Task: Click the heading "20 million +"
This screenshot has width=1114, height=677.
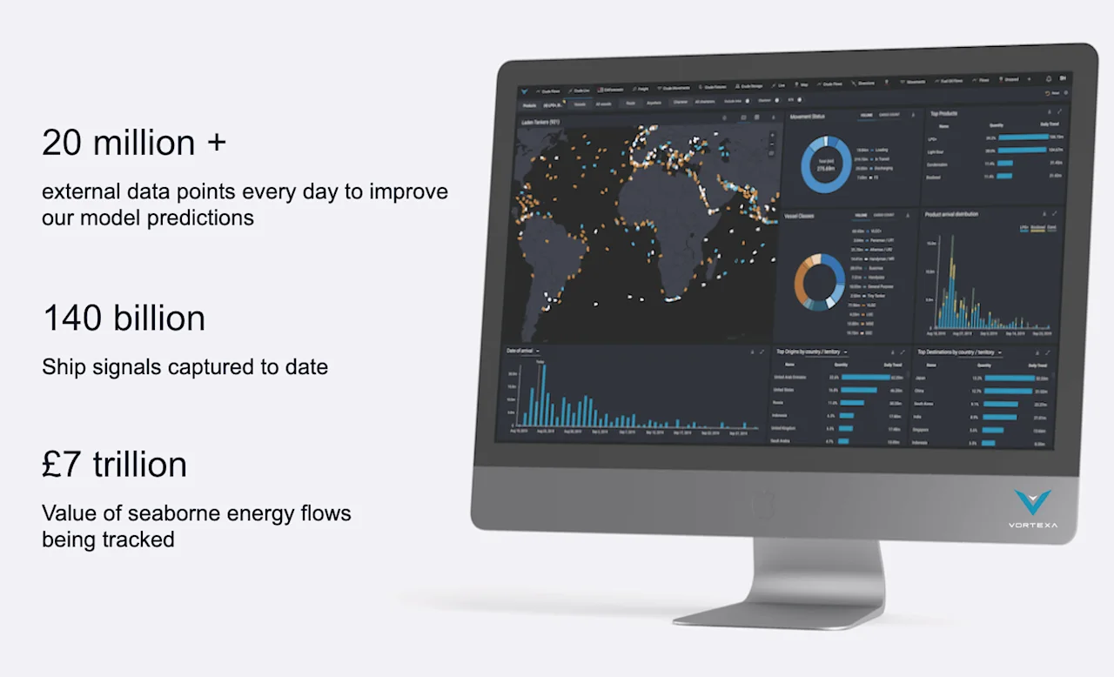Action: (x=134, y=144)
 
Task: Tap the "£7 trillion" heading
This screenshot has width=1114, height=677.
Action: (x=114, y=465)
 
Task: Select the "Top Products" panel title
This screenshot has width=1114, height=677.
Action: (x=944, y=114)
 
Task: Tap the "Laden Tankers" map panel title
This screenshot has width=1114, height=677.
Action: (x=540, y=123)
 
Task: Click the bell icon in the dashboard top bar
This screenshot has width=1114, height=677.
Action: (x=1048, y=79)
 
